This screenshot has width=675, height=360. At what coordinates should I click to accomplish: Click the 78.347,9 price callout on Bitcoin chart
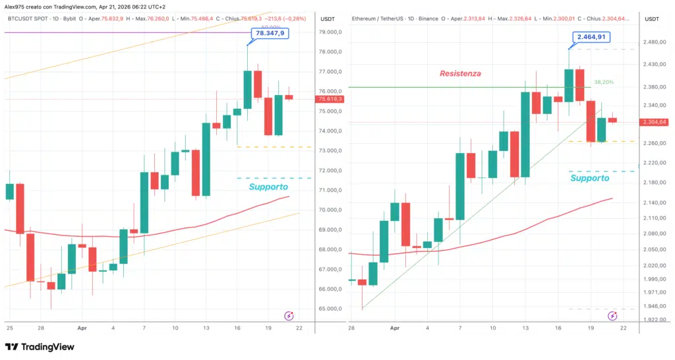270,34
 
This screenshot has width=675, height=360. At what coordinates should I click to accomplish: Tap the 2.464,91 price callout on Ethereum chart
591,38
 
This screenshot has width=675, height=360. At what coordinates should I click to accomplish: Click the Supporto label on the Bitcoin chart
268,187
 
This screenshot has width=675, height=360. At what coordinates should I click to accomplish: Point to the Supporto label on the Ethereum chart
589,178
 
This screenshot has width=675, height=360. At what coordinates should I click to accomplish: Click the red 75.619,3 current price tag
330,99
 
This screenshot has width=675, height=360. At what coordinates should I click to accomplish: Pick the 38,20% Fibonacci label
603,82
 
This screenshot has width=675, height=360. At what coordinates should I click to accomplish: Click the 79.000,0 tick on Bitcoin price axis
330,32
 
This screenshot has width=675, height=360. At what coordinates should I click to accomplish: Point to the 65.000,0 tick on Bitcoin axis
330,309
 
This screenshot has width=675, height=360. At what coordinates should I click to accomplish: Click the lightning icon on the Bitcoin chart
289,316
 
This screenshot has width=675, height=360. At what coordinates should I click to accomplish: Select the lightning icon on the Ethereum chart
612,316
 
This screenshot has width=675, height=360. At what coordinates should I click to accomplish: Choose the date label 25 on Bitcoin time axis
9,328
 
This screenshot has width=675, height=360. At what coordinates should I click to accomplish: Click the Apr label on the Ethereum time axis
394,328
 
